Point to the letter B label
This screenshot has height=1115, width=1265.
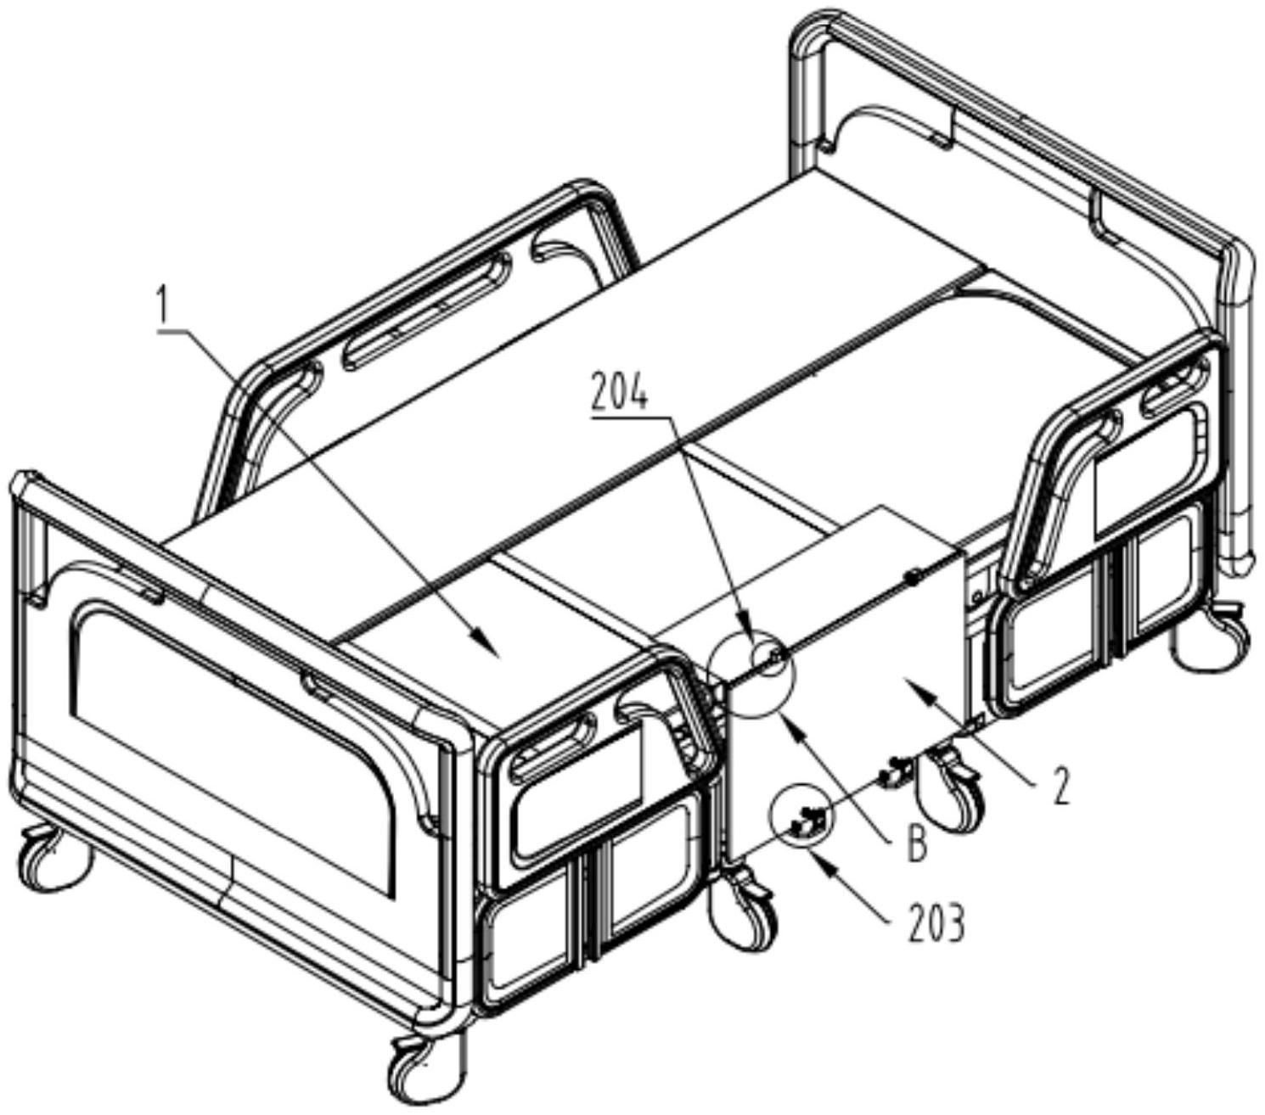(x=914, y=848)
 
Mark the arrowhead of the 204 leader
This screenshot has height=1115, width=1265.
(x=746, y=636)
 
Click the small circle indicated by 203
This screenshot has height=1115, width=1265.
(x=801, y=820)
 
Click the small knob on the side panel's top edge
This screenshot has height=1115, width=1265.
(x=912, y=578)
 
